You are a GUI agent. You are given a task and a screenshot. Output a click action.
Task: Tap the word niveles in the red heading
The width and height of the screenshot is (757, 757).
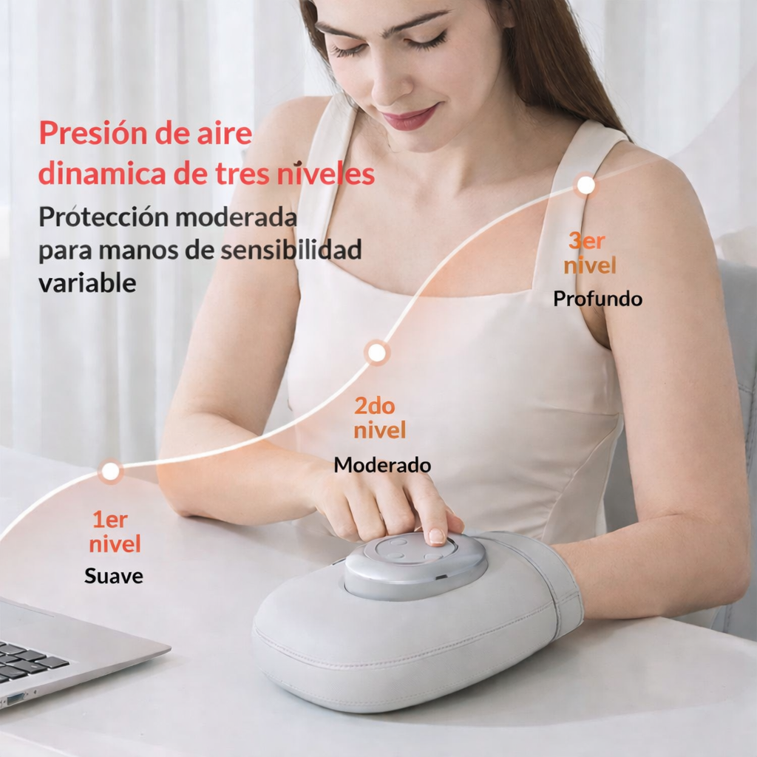(x=326, y=174)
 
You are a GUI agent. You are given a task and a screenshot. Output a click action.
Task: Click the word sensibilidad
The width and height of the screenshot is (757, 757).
(x=291, y=250)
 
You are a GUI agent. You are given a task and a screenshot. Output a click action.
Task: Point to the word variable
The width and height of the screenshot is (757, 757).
(x=87, y=283)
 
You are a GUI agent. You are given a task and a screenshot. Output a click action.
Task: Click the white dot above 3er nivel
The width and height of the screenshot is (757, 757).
(x=585, y=185)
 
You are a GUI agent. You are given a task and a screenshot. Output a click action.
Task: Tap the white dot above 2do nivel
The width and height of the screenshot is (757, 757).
(x=376, y=353)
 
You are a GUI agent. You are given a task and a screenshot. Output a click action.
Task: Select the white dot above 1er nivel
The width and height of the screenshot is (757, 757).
(x=110, y=471)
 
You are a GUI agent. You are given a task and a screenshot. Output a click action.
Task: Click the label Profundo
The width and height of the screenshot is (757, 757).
(x=597, y=299)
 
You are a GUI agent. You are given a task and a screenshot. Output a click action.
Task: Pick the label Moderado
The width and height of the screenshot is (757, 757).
(x=382, y=465)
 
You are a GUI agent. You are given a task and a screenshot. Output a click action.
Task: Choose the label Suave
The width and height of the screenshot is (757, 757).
(x=114, y=575)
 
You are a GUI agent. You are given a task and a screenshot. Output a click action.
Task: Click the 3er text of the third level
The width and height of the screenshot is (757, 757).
(x=586, y=241)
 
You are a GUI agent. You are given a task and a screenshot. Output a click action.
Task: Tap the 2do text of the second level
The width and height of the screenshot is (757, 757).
(x=375, y=406)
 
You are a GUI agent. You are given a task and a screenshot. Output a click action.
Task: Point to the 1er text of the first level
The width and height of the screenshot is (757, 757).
(x=110, y=520)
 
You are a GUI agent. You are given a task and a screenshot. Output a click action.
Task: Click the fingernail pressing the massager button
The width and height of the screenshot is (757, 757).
(x=437, y=536)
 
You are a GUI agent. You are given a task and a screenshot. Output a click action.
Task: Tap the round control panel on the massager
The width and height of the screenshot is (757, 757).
(x=415, y=563)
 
